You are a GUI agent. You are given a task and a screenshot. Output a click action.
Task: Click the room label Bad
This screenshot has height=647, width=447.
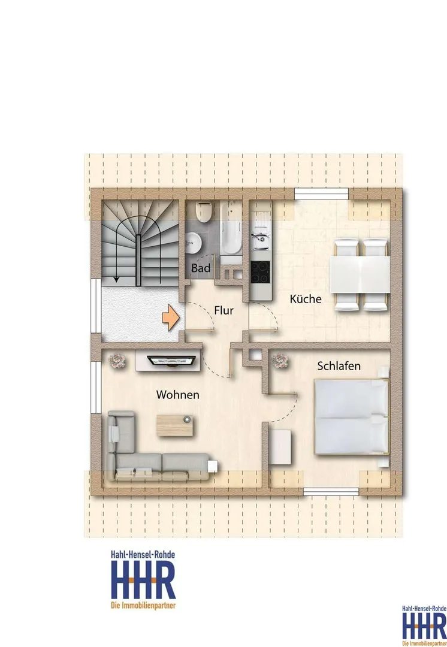(x=201, y=268)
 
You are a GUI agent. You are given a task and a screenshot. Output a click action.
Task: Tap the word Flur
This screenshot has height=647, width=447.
(x=223, y=310)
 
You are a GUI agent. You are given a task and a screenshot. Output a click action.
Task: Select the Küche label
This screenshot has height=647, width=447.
(x=306, y=299)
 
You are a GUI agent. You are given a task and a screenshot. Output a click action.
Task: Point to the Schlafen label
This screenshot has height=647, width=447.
(x=339, y=366)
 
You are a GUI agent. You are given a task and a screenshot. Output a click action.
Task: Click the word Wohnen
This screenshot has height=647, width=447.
(x=178, y=395)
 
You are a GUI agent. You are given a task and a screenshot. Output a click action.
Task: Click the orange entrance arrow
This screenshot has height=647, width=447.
(x=170, y=318)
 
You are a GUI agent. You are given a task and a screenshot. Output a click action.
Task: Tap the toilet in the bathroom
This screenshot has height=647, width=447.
(x=204, y=211)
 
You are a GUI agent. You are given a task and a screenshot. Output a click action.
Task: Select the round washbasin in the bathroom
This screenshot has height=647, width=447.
(x=193, y=242)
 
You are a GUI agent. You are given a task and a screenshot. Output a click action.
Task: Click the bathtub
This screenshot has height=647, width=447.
(x=231, y=228)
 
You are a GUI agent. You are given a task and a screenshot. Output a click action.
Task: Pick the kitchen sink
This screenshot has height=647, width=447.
(x=261, y=238)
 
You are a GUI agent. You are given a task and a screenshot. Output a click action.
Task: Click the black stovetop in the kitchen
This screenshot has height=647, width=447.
(x=261, y=273)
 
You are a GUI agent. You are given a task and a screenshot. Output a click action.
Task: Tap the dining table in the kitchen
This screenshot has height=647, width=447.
(x=360, y=274)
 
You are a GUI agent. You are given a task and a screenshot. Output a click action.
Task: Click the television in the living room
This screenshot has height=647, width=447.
(x=172, y=361)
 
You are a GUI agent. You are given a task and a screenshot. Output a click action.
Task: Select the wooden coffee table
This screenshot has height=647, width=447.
(x=174, y=425)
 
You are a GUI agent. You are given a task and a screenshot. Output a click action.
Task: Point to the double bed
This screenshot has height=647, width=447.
(x=352, y=417)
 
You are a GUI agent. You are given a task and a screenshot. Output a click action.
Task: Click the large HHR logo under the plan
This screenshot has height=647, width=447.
(x=143, y=580)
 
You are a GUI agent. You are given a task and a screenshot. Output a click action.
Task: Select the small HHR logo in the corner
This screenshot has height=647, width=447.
(x=424, y=625)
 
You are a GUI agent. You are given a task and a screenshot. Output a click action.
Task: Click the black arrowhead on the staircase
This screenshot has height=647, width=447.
(x=116, y=279)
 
